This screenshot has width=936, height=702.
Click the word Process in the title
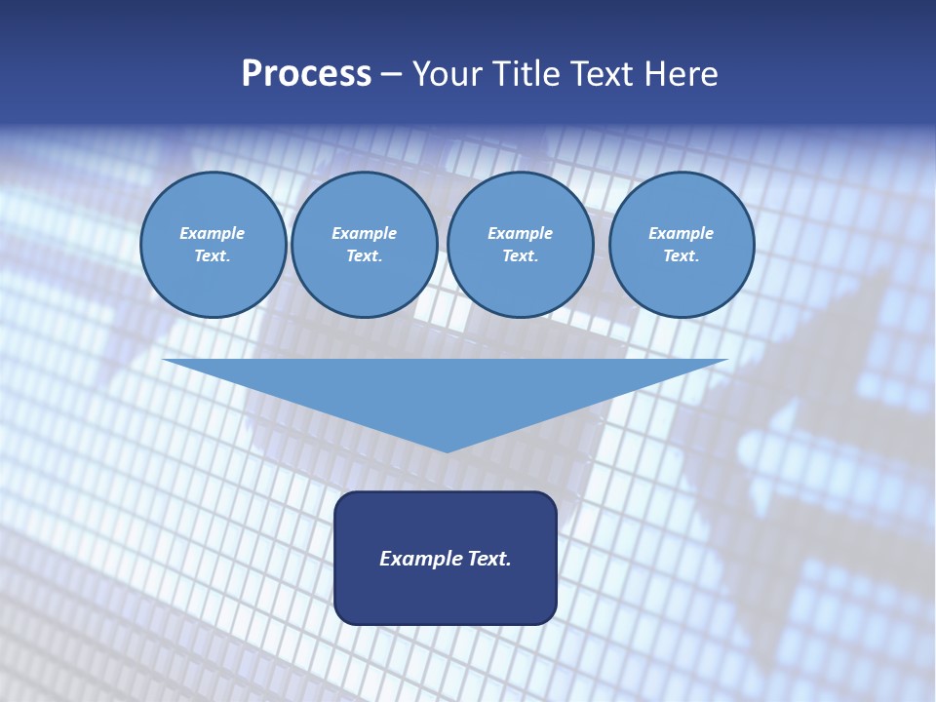pyautogui.click(x=306, y=74)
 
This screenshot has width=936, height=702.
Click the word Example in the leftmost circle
pyautogui.click(x=213, y=233)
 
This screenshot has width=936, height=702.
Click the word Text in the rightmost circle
pyautogui.click(x=680, y=255)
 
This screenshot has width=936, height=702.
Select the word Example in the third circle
pyautogui.click(x=521, y=233)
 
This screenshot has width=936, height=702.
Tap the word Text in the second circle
pyautogui.click(x=363, y=255)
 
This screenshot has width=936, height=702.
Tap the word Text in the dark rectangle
pyautogui.click(x=489, y=559)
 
